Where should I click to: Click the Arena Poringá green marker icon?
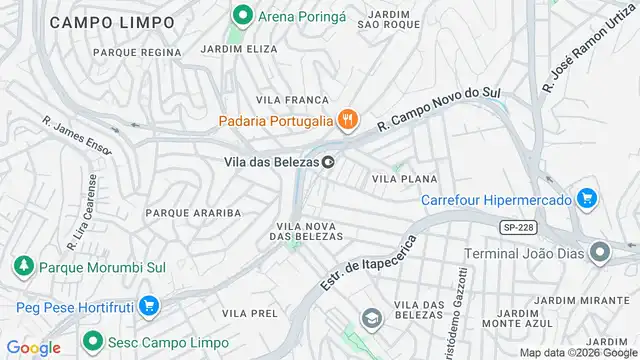(241, 15)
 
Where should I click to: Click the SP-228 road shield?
(516, 227)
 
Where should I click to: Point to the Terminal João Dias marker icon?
(599, 250)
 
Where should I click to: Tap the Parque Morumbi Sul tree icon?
(22, 267)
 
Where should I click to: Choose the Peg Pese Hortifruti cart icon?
(148, 305)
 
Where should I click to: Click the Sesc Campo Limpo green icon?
(91, 340)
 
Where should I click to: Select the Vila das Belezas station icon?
(327, 162)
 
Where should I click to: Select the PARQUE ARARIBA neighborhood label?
(193, 213)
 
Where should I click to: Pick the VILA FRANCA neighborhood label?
(292, 100)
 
